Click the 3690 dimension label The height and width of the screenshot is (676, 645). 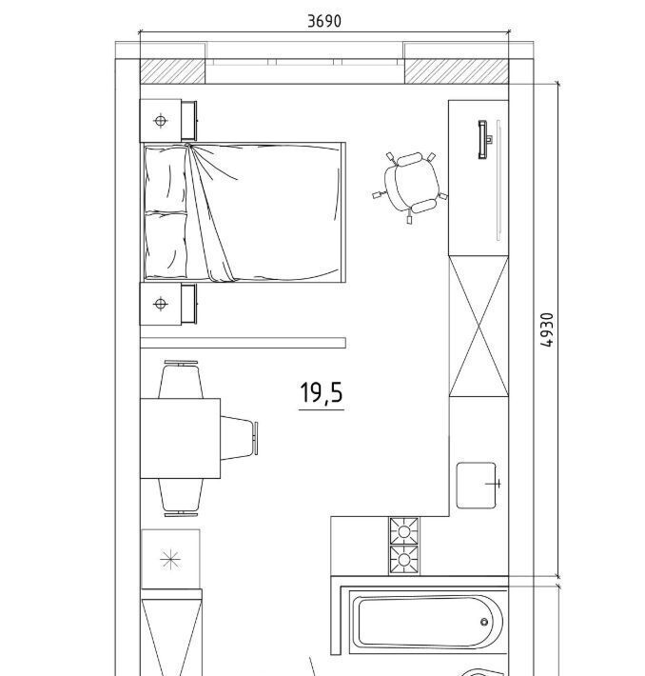(324, 21)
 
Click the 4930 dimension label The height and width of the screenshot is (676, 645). (546, 329)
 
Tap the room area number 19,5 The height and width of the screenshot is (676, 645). (321, 392)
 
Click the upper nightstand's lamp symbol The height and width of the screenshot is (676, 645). (160, 121)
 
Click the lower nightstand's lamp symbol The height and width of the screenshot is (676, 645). (160, 304)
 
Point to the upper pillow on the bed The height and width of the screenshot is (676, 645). (166, 179)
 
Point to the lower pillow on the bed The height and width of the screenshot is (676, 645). (166, 245)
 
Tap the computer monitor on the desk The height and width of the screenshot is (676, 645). (484, 139)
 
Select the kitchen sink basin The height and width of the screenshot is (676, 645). (476, 486)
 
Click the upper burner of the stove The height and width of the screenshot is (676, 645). (404, 531)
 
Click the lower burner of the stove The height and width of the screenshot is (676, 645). (404, 560)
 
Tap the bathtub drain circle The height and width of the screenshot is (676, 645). (484, 622)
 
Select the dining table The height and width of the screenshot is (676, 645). (180, 438)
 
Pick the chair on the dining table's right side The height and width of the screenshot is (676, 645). (239, 438)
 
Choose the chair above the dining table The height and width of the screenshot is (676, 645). (181, 379)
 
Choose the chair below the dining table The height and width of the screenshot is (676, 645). (181, 497)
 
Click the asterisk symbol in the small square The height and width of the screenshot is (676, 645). (170, 560)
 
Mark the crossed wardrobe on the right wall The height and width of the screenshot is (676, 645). (479, 326)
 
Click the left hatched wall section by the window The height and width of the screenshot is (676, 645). (172, 71)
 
